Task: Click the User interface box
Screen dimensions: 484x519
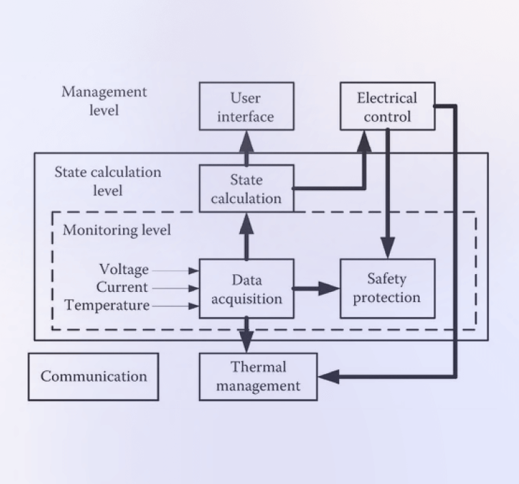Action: point(246,107)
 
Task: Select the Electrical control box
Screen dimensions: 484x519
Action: point(388,107)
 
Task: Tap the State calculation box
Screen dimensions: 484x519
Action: point(246,189)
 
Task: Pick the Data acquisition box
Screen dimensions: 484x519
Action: point(246,288)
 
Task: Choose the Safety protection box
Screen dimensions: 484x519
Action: point(387,288)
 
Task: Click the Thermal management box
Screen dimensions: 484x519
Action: point(258,376)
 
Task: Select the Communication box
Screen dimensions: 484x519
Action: point(93,377)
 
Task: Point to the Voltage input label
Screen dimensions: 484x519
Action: point(124,270)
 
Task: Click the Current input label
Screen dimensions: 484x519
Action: point(122,288)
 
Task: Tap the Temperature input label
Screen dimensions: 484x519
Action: point(107,306)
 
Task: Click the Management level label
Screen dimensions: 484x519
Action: point(104,100)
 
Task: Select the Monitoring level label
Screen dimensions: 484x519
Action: point(117,230)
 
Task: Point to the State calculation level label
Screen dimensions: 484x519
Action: point(108,180)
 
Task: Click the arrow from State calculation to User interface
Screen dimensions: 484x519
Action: point(246,147)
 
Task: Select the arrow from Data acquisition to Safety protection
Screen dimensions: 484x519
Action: point(316,288)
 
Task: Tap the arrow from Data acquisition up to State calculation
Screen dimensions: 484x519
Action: point(246,236)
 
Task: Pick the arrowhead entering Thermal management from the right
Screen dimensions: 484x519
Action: point(329,376)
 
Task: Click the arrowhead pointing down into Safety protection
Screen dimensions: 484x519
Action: point(388,247)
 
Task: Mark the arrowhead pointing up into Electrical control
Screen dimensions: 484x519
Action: point(364,141)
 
